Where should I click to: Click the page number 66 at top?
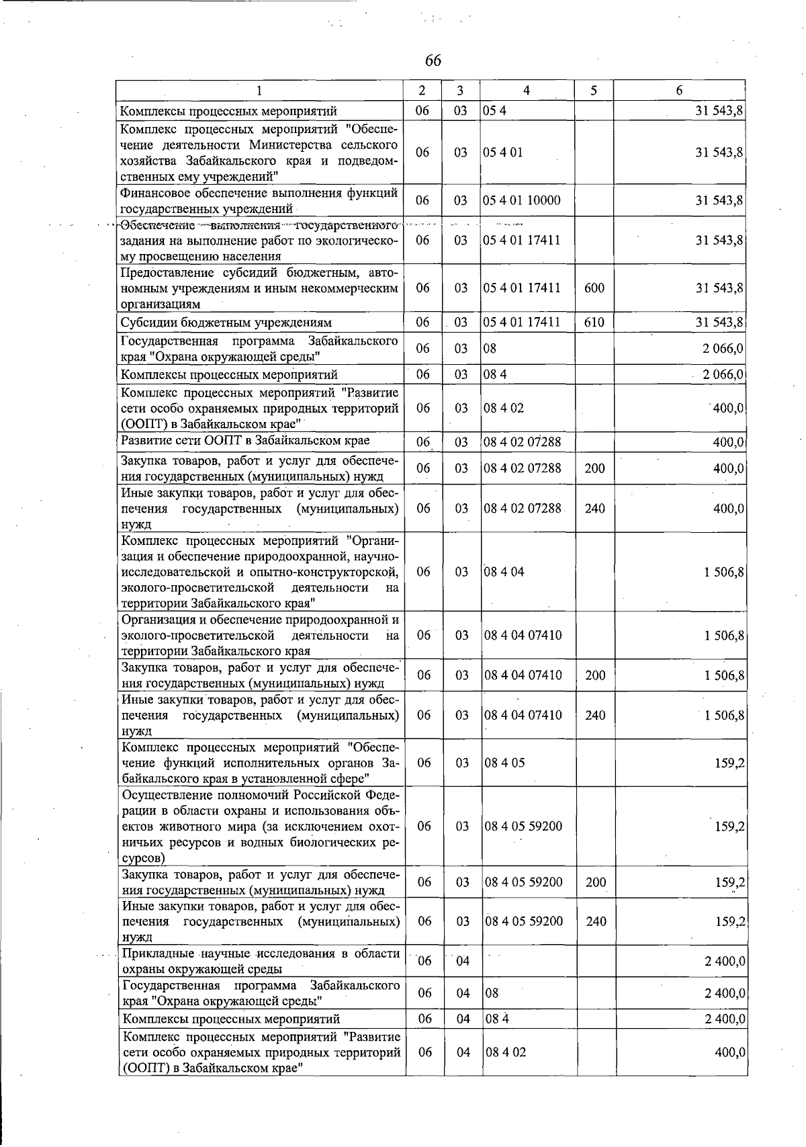click(x=433, y=60)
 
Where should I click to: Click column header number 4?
click(x=527, y=91)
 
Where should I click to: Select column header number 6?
click(x=679, y=91)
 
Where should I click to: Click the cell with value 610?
click(x=594, y=323)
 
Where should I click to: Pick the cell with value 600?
click(x=594, y=288)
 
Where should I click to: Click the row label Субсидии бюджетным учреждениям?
click(x=226, y=323)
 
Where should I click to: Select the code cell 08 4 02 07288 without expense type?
click(x=523, y=442)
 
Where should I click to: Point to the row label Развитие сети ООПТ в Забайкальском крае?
click(x=245, y=441)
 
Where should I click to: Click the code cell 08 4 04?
click(x=504, y=572)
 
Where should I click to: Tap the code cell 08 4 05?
click(x=505, y=763)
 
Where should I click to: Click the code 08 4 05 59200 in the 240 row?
click(x=524, y=921)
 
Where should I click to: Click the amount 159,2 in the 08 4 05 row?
click(x=729, y=763)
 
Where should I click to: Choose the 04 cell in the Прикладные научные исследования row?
click(x=463, y=961)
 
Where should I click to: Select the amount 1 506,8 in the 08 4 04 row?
click(x=724, y=572)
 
